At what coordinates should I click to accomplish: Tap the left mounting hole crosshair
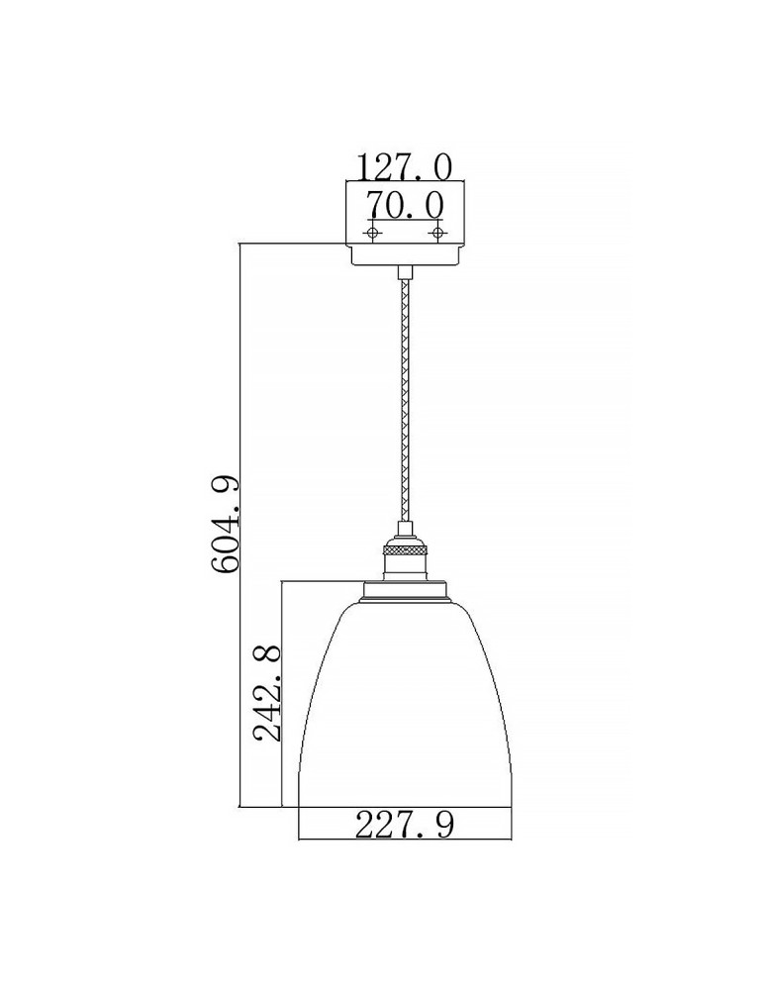[x=372, y=233]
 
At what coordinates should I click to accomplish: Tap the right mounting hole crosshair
[x=435, y=233]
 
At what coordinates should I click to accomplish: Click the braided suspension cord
[x=404, y=396]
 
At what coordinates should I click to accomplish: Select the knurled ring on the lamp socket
[x=404, y=546]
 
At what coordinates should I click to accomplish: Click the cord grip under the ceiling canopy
[x=404, y=271]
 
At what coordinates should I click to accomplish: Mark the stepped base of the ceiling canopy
[x=404, y=254]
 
